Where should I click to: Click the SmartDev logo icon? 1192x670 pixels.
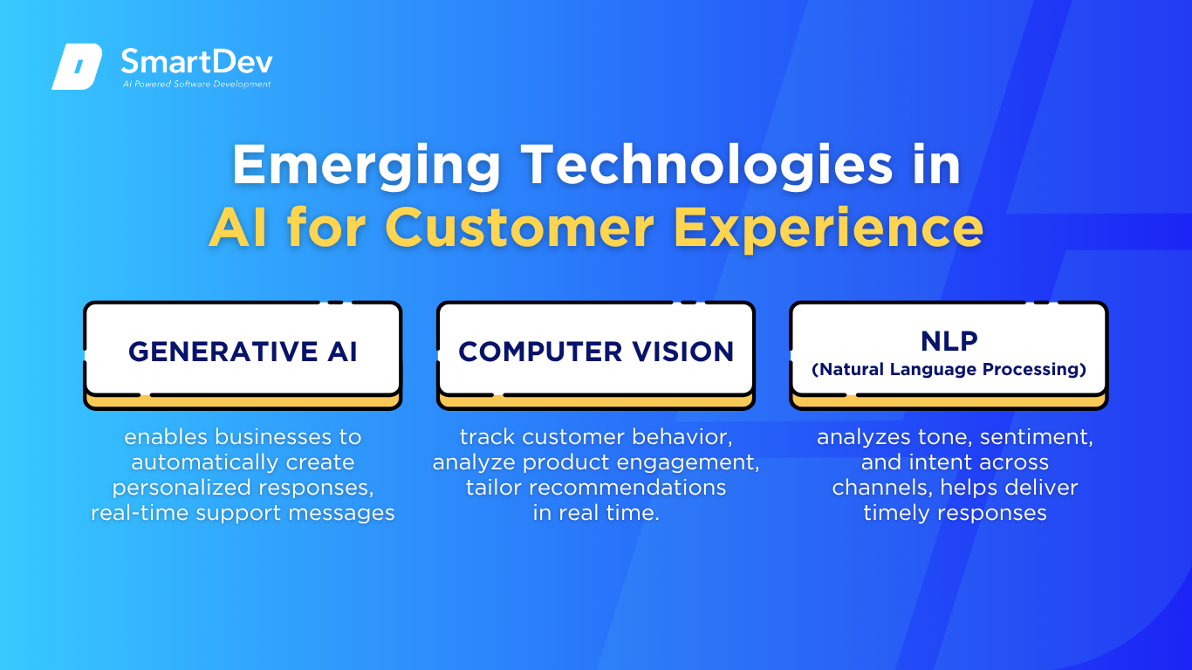[77, 66]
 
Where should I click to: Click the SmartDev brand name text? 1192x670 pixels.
[196, 62]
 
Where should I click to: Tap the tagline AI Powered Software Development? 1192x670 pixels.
[196, 84]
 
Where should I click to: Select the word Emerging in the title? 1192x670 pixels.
[367, 167]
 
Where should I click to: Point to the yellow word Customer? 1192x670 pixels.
[520, 228]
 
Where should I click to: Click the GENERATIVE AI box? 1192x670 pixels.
[243, 355]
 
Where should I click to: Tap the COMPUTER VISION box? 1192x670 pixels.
[596, 355]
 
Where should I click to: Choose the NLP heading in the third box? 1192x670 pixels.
[949, 341]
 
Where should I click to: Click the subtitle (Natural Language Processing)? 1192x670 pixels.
[949, 369]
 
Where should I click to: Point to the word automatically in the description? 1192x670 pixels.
[204, 462]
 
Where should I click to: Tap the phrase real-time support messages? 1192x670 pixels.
[243, 513]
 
